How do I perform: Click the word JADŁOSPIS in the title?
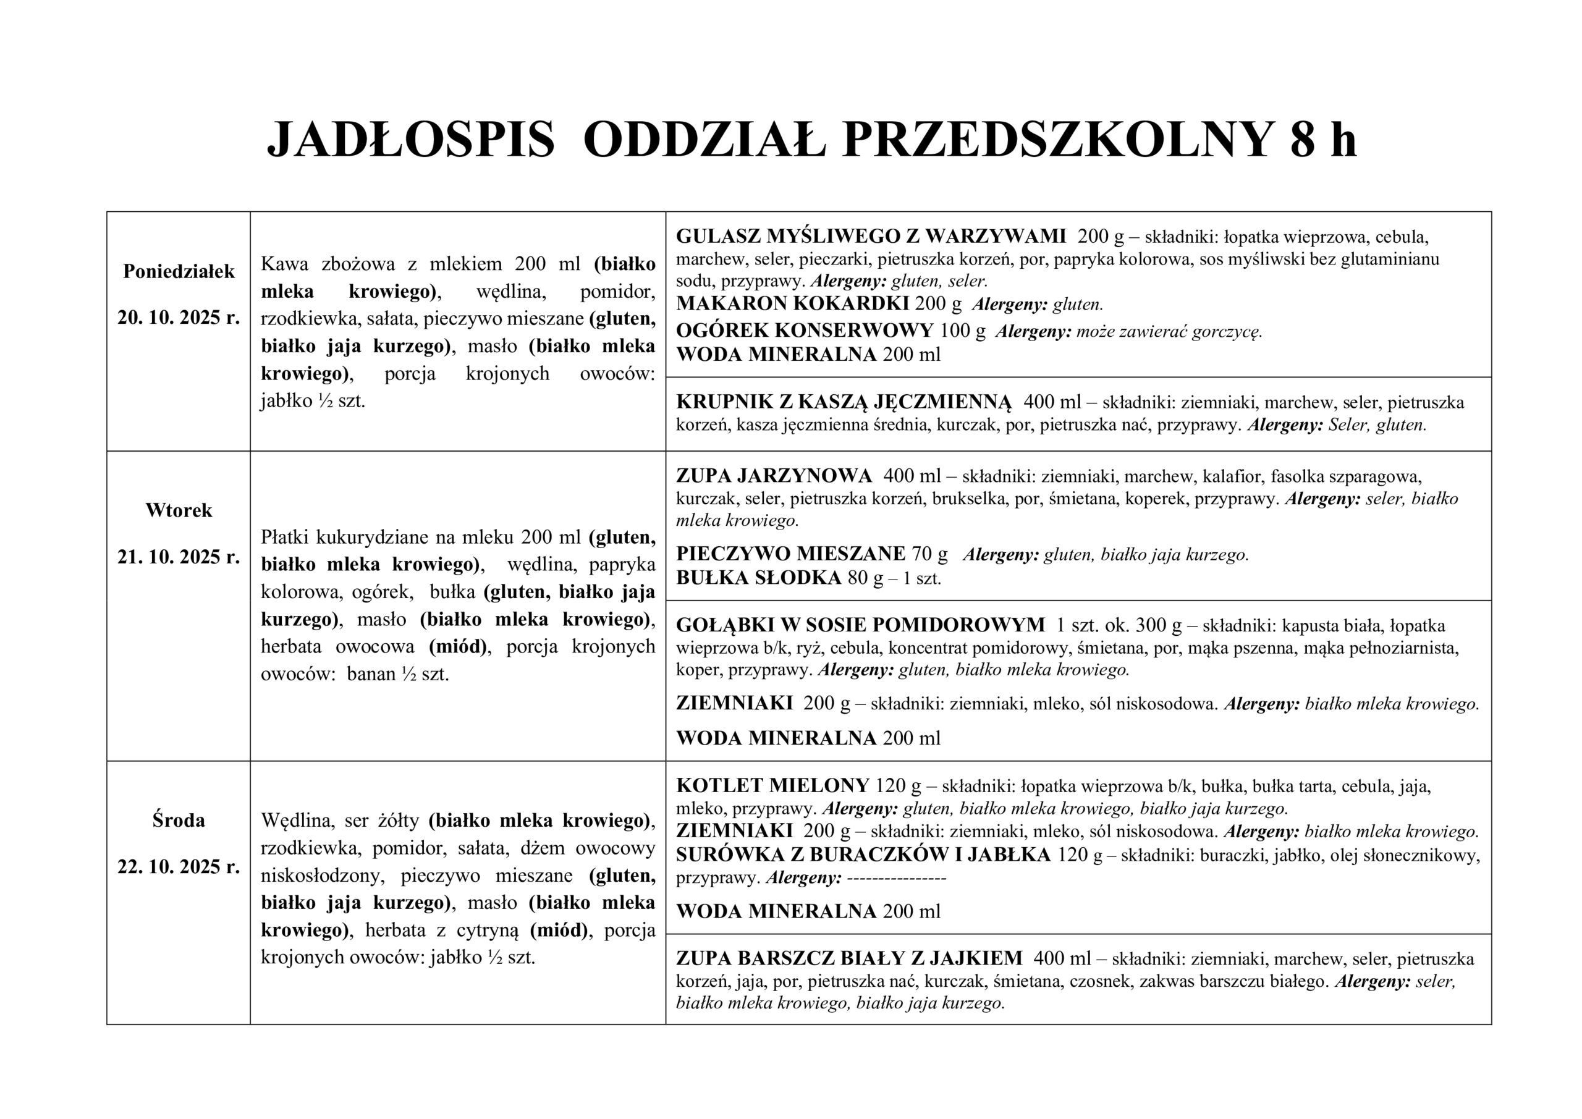(x=411, y=140)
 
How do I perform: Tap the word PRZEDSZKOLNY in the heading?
(x=1056, y=140)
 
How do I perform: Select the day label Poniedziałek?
(x=179, y=271)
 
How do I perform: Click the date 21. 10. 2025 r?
(x=179, y=557)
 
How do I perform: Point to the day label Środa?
(x=179, y=820)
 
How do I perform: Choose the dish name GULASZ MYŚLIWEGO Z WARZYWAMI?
(x=870, y=236)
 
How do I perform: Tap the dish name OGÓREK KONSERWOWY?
(x=804, y=331)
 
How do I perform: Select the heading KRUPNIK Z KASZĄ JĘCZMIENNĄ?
(x=844, y=402)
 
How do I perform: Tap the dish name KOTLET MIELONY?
(x=772, y=785)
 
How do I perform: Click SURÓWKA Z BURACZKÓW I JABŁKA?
(x=863, y=855)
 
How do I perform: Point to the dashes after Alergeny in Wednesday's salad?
(x=895, y=878)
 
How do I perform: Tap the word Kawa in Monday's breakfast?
(x=282, y=264)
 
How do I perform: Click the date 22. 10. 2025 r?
(x=179, y=866)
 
